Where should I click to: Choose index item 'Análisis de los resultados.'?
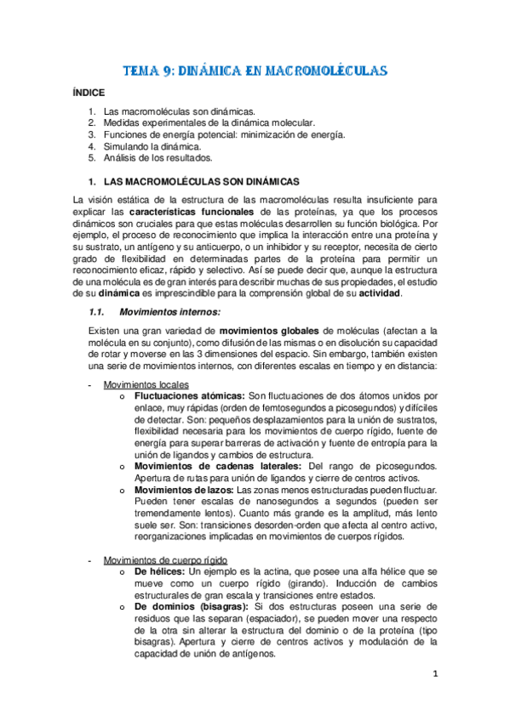158,157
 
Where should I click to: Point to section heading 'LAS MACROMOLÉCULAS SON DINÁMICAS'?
201,181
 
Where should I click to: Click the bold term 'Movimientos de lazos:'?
184,491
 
